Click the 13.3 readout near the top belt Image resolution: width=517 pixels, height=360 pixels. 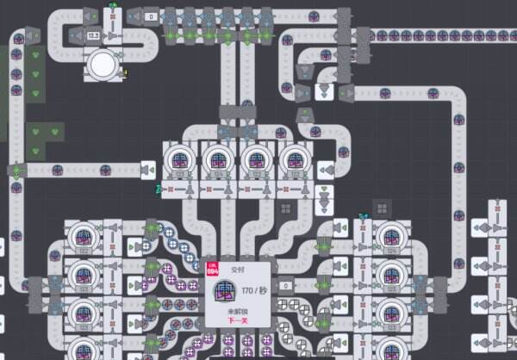point(93,36)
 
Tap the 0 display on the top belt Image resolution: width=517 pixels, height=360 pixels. point(150,16)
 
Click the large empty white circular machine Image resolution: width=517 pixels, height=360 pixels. point(102,63)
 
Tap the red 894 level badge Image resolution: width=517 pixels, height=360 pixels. point(213,270)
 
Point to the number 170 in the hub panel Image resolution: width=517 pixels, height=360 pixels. point(247,289)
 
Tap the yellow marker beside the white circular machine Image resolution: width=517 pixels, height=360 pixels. point(126,73)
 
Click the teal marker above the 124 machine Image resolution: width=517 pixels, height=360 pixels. point(364,216)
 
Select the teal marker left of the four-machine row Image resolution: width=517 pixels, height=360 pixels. point(158,188)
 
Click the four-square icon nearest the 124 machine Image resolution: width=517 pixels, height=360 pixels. point(383,208)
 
